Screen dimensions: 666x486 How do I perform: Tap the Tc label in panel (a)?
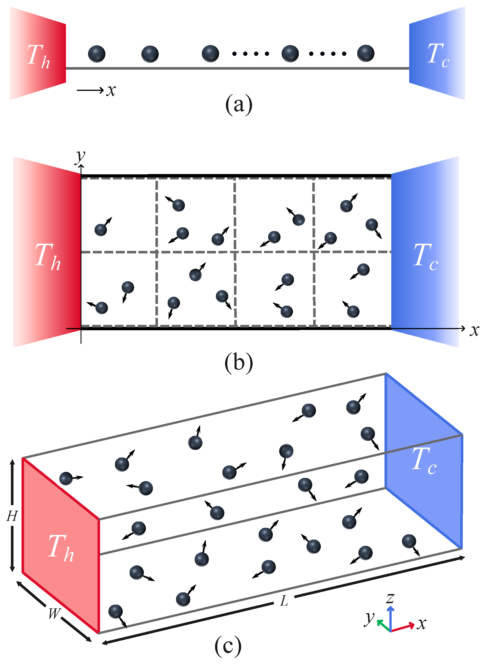pos(438,55)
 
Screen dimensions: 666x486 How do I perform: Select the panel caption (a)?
pos(239,104)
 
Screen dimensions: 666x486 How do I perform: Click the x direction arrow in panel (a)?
pos(90,90)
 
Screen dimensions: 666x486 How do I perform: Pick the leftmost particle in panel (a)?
pos(97,54)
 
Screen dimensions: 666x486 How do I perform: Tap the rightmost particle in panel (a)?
pos(365,53)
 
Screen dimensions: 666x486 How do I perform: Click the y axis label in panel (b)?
pos(80,156)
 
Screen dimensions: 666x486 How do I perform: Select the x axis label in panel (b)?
pos(474,331)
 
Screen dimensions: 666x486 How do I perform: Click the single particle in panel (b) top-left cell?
pos(101,229)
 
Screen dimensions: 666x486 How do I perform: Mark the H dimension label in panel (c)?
pos(12,516)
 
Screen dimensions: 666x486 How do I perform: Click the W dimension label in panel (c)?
pos(54,614)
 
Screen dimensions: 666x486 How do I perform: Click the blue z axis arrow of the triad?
pos(391,618)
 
